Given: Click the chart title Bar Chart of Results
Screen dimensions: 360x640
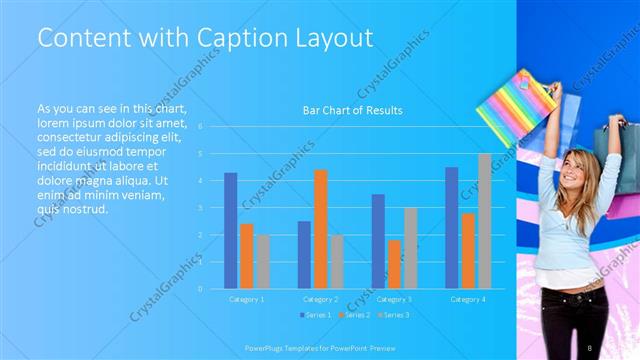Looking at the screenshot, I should tap(352, 110).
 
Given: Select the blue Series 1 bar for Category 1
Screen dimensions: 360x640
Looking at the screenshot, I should tap(231, 230).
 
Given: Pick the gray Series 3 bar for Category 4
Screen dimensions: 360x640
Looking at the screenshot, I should tap(484, 221).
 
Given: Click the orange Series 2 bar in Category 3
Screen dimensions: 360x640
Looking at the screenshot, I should tap(394, 264).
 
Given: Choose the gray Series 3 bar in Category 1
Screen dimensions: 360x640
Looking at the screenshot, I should tap(262, 261).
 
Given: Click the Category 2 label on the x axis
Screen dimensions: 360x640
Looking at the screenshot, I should tap(320, 299).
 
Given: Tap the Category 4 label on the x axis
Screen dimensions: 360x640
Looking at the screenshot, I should tap(468, 299).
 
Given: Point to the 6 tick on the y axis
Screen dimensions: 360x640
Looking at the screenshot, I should tap(201, 127).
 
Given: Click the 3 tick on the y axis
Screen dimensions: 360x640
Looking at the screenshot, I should tap(201, 208).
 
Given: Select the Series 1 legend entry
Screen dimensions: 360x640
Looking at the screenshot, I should tap(316, 315).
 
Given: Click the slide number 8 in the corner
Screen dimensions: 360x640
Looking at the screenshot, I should tap(590, 347).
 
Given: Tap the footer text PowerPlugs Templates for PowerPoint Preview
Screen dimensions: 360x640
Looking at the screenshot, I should tap(320, 347).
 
